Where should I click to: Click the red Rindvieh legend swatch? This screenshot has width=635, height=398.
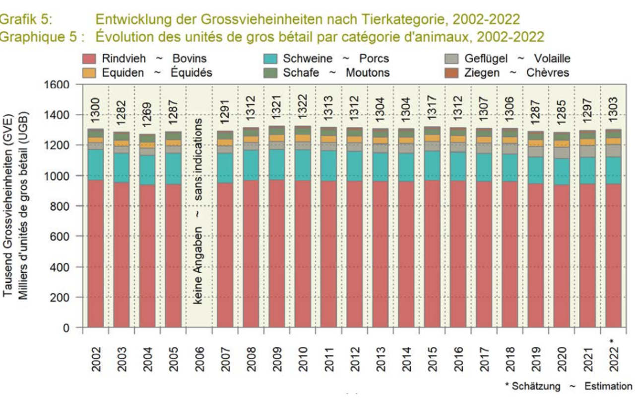coord(89,59)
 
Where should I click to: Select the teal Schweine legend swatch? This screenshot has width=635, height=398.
coord(271,59)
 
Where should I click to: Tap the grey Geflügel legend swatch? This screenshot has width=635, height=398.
coord(452,59)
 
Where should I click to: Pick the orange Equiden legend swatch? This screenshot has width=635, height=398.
coord(89,73)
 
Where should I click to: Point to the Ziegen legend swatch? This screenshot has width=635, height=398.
coord(452,73)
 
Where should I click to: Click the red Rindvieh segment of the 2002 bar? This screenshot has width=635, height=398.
coord(96,253)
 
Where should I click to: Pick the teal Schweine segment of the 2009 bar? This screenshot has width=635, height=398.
coord(277,164)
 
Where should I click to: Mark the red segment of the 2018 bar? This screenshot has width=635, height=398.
coord(509,253)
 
